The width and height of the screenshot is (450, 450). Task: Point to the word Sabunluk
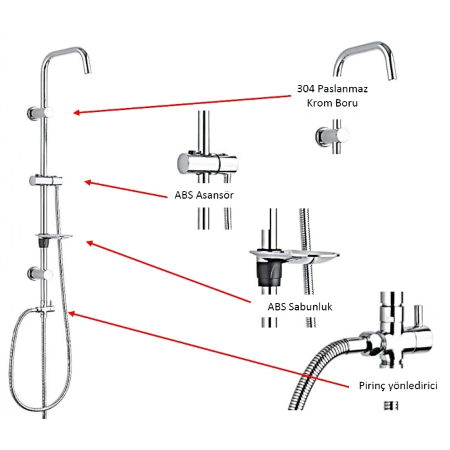click(x=310, y=306)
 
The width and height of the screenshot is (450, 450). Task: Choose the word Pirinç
click(x=372, y=386)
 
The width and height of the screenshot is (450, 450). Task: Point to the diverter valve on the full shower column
click(x=48, y=306)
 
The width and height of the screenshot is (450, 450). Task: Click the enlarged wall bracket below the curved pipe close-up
click(x=332, y=136)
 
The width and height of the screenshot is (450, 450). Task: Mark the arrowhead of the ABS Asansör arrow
click(x=87, y=183)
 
